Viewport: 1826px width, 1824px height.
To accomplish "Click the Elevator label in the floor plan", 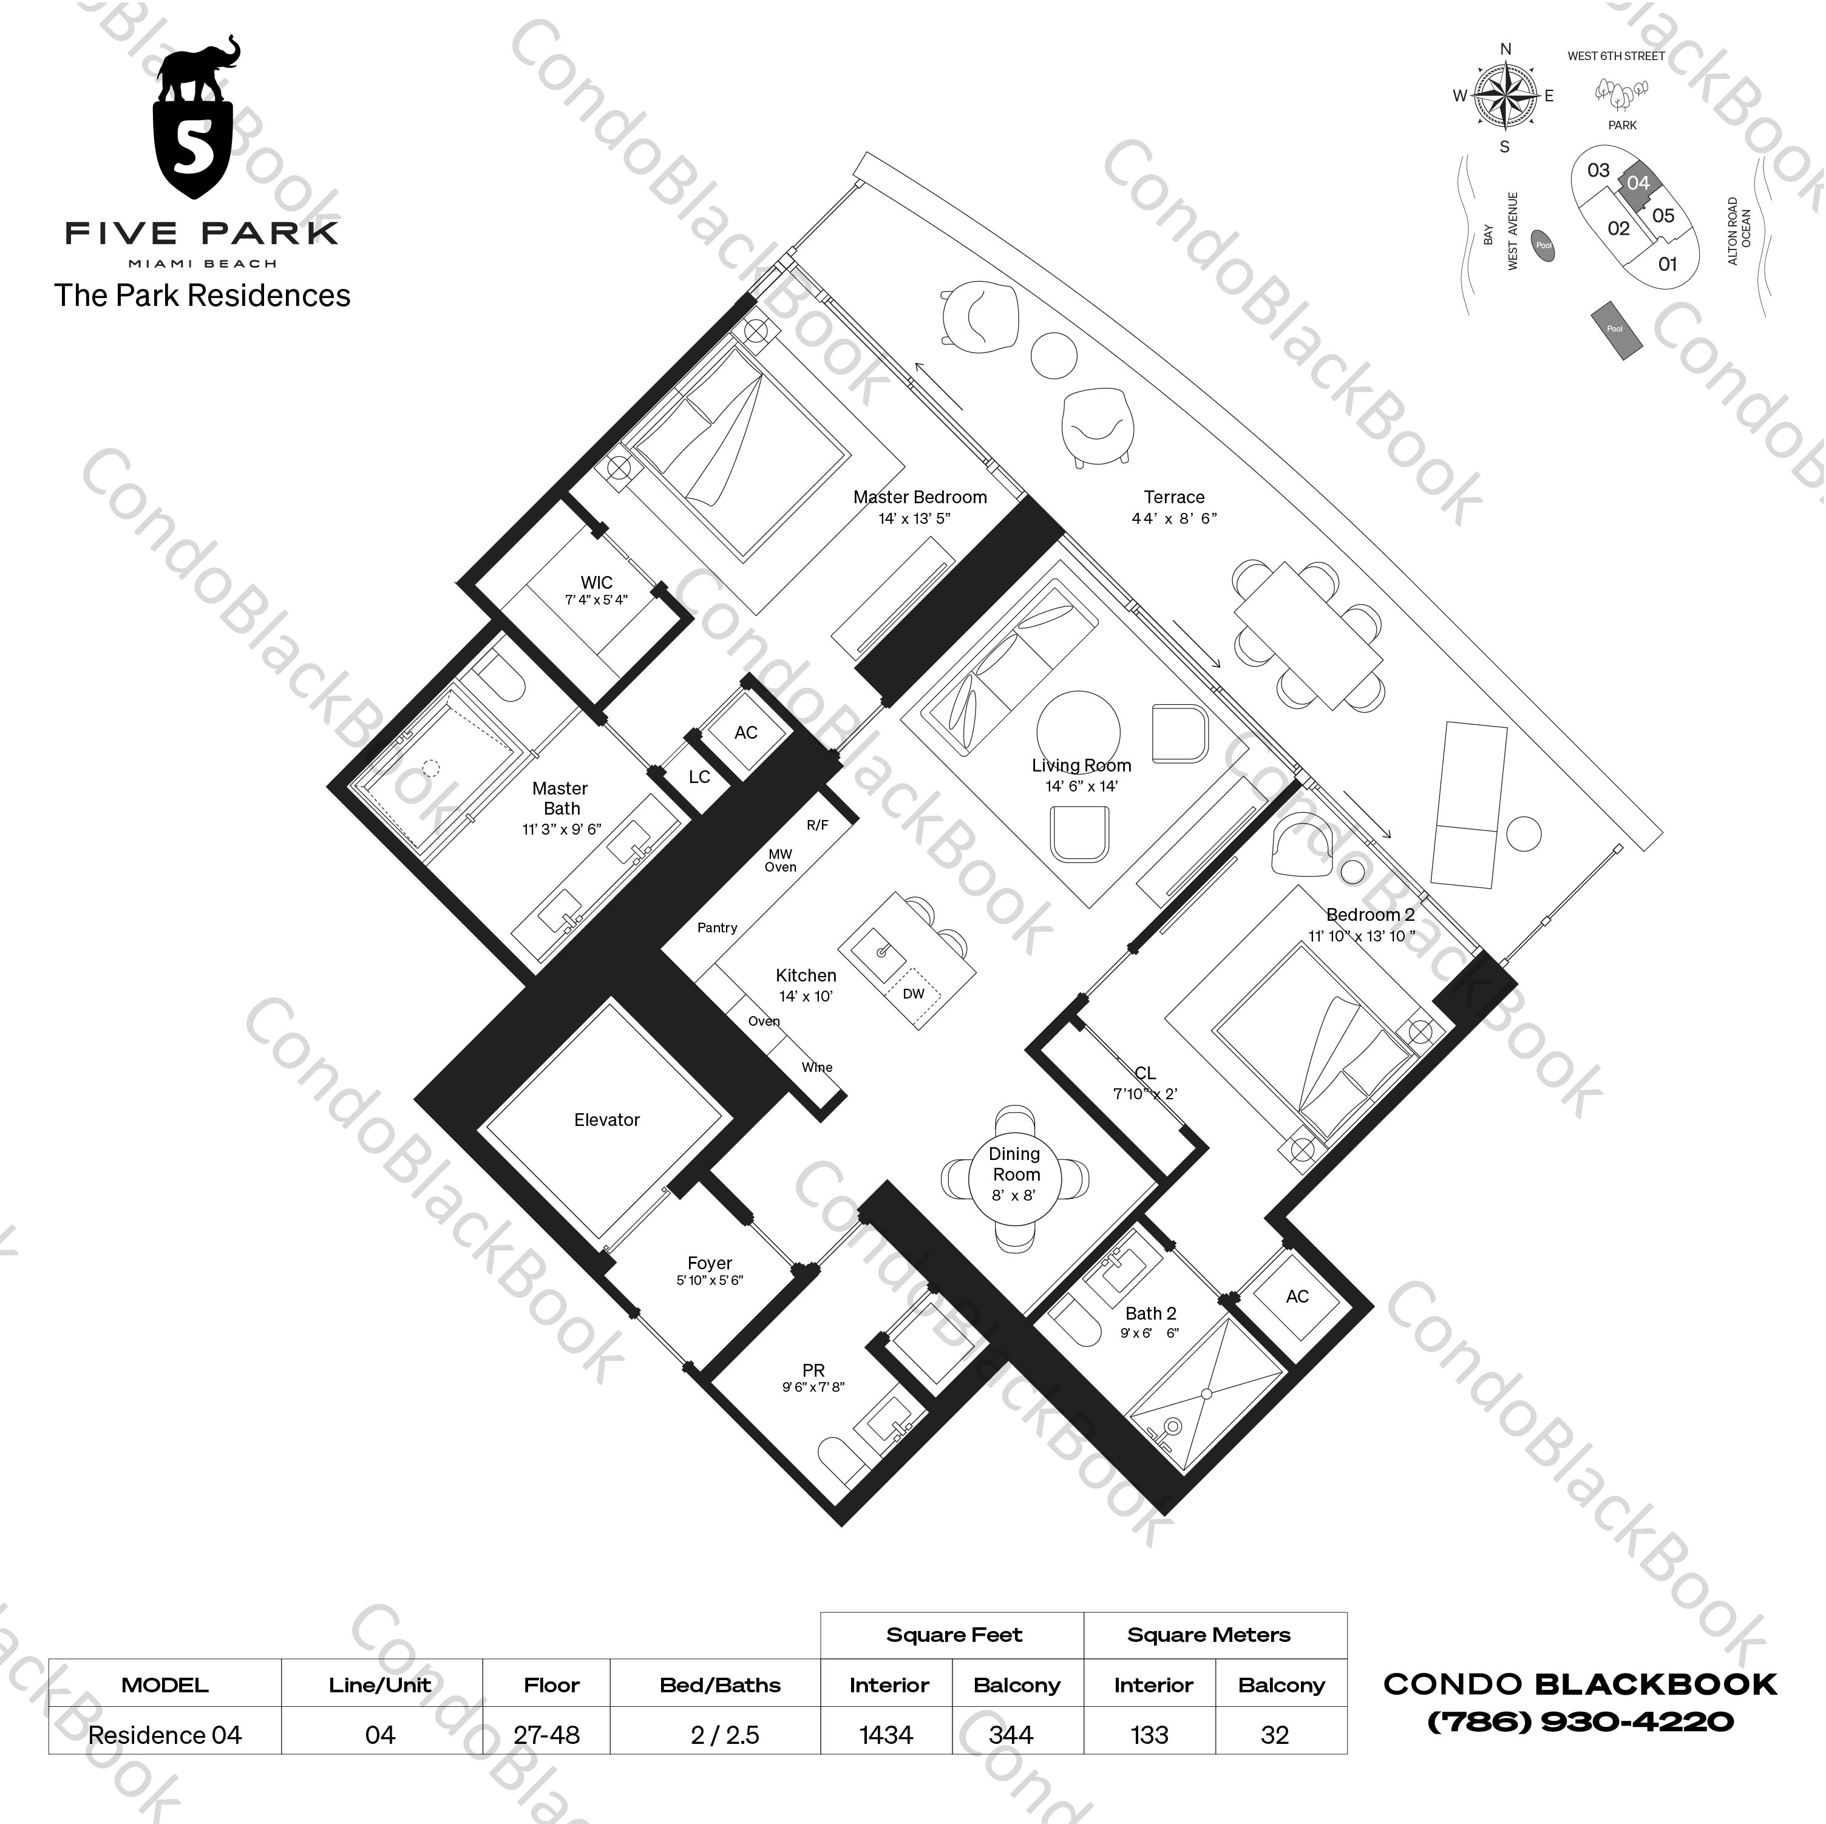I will (607, 1120).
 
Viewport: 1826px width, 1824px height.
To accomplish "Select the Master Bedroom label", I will (920, 497).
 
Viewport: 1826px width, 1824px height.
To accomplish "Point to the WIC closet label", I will (596, 583).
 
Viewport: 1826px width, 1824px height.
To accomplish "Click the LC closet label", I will (699, 777).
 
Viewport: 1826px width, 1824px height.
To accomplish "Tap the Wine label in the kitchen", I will (816, 1067).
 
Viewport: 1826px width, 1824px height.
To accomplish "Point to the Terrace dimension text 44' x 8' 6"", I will (1174, 518).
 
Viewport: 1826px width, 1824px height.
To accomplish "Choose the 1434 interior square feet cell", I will (886, 1735).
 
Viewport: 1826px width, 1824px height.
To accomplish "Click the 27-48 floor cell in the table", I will (546, 1735).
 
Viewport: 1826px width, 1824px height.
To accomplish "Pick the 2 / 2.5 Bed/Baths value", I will (724, 1735).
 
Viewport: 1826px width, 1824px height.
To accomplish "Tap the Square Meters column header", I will (1208, 1635).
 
